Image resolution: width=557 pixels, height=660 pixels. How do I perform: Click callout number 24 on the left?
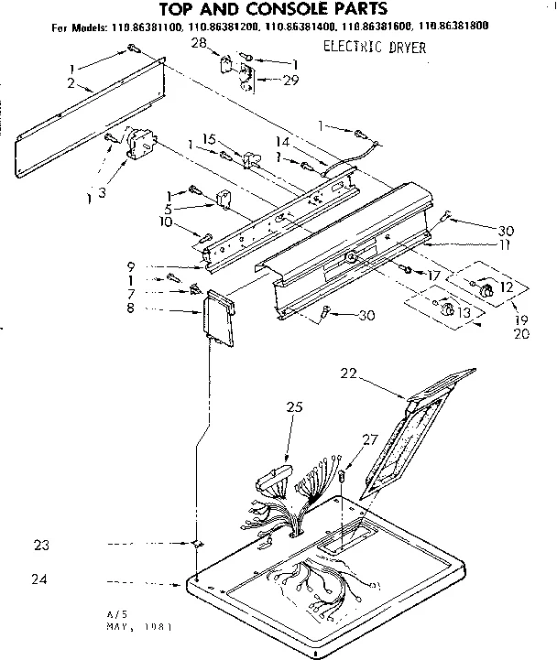(x=40, y=579)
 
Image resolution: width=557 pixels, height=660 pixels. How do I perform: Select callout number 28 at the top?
(x=199, y=44)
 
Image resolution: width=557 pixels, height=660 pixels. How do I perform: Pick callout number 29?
(x=266, y=81)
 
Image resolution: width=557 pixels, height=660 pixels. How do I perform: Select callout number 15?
(x=209, y=139)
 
